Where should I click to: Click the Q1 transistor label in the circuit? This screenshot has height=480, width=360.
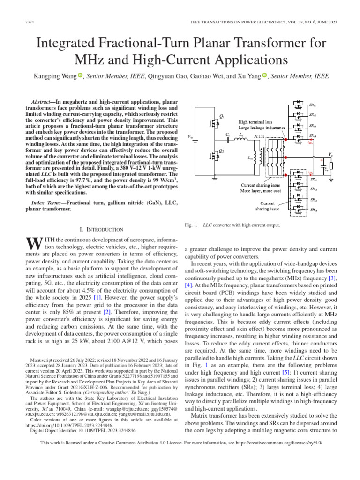tap(222, 116)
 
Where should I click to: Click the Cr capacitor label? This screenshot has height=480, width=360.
tap(228, 135)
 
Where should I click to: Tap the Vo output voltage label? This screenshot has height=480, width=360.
tap(330, 154)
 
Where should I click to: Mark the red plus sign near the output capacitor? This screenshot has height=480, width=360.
tap(322, 160)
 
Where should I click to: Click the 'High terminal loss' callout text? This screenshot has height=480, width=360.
tap(255, 121)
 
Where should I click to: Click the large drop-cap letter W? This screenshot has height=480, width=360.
tap(34, 244)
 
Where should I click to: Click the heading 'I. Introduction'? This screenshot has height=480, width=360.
tap(102, 229)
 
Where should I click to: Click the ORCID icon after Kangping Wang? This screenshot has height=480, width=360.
tap(80, 75)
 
